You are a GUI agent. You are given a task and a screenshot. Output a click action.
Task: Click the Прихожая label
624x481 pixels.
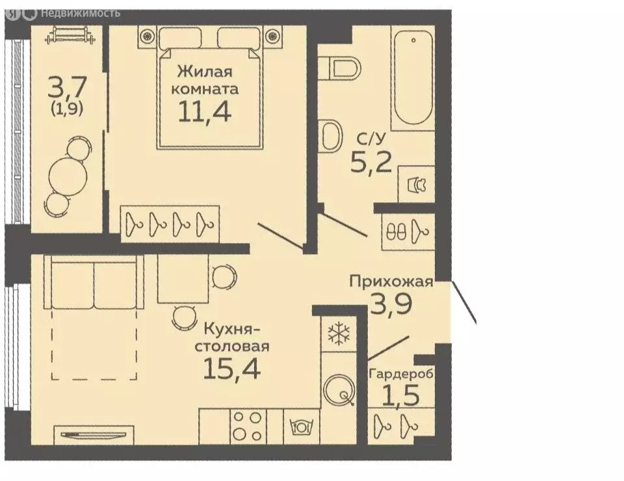[391, 281]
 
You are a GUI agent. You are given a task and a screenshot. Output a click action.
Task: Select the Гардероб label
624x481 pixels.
[400, 374]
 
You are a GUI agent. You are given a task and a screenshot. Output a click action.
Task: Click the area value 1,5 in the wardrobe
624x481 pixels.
[400, 395]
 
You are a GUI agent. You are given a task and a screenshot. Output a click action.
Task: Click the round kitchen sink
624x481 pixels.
[339, 389]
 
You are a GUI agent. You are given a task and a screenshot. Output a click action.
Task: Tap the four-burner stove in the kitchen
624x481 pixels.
[248, 426]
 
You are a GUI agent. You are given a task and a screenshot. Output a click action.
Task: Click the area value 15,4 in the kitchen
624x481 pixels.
[232, 369]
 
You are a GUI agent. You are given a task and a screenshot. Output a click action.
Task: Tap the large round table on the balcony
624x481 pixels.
[65, 174]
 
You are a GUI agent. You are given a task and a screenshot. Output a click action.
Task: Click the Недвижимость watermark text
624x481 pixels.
[80, 12]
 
